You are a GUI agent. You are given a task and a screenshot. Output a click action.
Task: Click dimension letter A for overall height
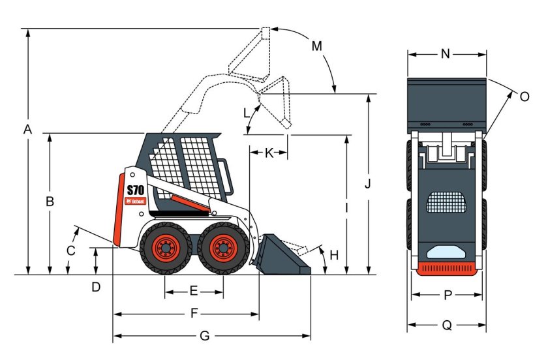(27, 130)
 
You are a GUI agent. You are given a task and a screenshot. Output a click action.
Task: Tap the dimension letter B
(50, 202)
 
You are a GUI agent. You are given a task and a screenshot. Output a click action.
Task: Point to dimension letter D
(96, 287)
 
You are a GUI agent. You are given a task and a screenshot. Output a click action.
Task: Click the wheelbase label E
(194, 291)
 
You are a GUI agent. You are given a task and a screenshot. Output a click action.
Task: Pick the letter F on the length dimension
(194, 314)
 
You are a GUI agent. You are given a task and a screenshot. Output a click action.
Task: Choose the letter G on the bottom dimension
(204, 337)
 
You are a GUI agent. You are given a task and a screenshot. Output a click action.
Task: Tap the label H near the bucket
(335, 255)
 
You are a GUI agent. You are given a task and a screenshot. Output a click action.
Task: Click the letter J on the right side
(368, 184)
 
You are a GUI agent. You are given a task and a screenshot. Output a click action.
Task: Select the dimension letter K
(269, 153)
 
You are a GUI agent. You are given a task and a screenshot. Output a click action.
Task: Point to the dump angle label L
(247, 113)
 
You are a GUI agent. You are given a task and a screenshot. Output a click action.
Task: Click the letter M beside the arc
(316, 46)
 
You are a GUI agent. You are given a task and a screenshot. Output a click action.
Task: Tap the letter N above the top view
(446, 54)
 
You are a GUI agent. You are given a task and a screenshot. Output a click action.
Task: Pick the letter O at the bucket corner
(524, 97)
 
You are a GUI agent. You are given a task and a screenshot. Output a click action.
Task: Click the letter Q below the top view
(447, 325)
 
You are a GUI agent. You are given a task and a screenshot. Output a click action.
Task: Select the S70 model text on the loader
(135, 190)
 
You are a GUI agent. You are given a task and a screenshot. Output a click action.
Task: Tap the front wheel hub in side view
(223, 248)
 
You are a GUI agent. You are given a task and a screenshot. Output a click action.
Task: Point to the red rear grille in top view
(447, 269)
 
